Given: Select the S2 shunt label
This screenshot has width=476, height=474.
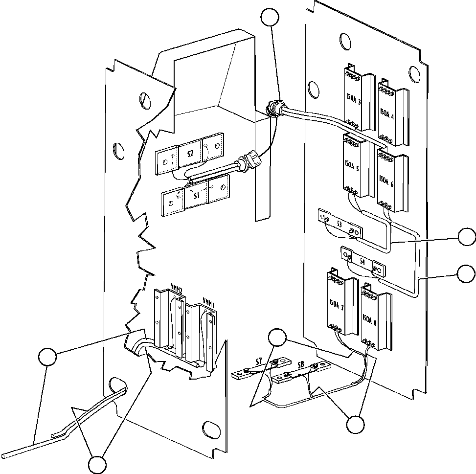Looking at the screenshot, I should point(190,153).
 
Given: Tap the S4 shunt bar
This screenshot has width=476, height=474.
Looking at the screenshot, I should point(363,262).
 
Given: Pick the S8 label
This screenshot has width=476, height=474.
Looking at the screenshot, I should point(300,365).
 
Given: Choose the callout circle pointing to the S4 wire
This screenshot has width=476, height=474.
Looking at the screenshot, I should point(466,274).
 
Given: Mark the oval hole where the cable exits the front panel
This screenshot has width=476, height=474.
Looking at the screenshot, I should point(117,385).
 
